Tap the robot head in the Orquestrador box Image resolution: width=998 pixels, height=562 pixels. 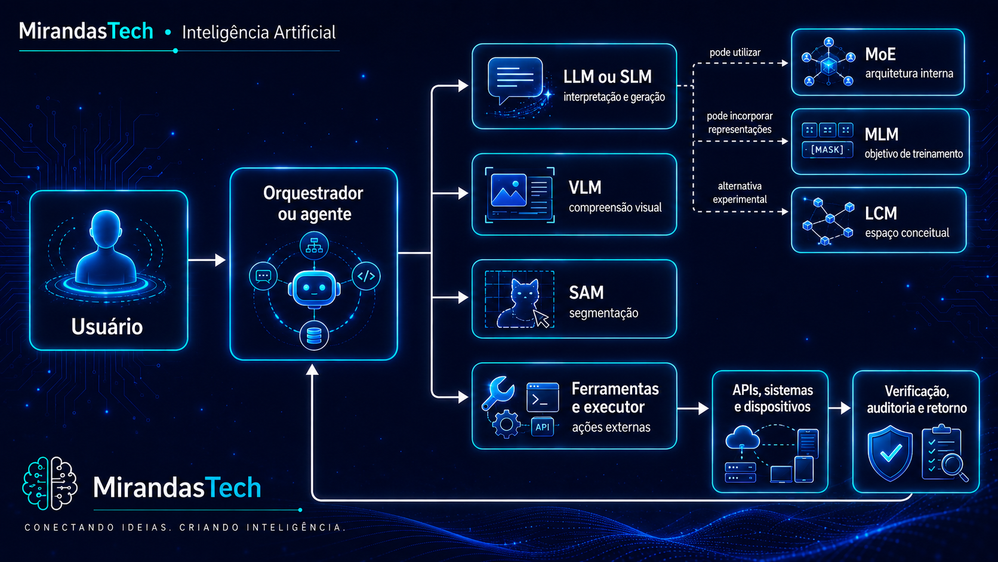click(x=314, y=289)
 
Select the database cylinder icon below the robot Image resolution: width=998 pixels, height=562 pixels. click(x=314, y=336)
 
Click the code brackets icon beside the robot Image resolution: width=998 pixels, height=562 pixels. click(x=366, y=277)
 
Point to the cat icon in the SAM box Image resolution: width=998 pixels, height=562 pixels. click(x=519, y=303)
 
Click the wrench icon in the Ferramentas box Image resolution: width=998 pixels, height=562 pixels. click(x=498, y=392)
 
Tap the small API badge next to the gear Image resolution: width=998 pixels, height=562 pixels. click(x=542, y=427)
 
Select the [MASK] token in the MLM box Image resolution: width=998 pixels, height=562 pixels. click(x=827, y=150)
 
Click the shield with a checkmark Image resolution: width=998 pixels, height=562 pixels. click(x=890, y=453)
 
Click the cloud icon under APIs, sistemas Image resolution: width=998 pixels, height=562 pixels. click(x=743, y=437)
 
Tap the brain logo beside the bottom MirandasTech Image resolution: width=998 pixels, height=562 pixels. click(x=50, y=483)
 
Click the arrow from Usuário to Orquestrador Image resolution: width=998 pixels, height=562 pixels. click(x=207, y=260)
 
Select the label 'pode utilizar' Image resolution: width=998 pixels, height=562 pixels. click(x=735, y=53)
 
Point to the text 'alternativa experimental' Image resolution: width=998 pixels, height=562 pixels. click(x=740, y=192)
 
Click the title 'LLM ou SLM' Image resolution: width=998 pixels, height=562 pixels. click(x=607, y=76)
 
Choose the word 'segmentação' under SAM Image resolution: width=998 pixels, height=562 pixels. click(x=603, y=313)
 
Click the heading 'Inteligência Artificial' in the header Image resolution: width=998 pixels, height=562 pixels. click(x=259, y=32)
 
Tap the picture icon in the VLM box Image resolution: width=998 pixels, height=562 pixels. click(x=509, y=191)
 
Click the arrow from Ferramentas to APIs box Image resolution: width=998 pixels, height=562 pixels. click(x=693, y=408)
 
